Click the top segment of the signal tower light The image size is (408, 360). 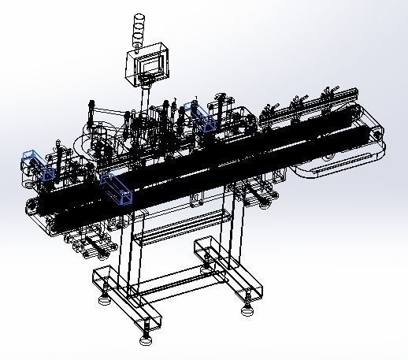(x=140, y=19)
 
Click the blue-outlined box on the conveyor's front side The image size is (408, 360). (x=117, y=188)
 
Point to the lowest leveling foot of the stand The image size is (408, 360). (x=145, y=340)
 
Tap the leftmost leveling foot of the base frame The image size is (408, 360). (x=103, y=299)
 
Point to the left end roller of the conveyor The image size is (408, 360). (x=31, y=206)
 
